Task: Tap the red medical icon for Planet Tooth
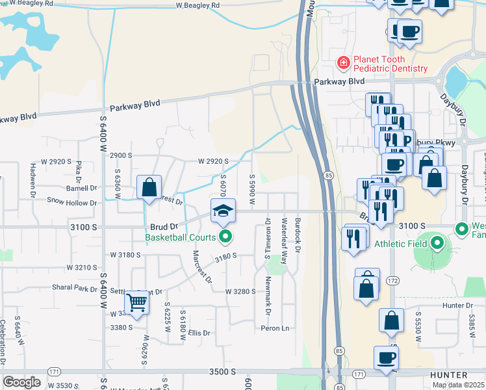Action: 342,63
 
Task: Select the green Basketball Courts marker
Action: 225,237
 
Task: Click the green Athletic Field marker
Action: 437,244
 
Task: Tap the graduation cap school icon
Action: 222,211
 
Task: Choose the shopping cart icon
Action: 136,302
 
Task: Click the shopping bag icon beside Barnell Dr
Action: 149,188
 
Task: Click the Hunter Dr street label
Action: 459,305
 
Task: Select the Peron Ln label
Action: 274,328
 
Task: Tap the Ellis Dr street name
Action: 199,333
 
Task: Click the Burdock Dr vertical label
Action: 298,235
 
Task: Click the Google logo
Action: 21,382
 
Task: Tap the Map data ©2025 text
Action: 458,385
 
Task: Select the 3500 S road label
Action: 222,371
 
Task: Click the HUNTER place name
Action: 448,376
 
